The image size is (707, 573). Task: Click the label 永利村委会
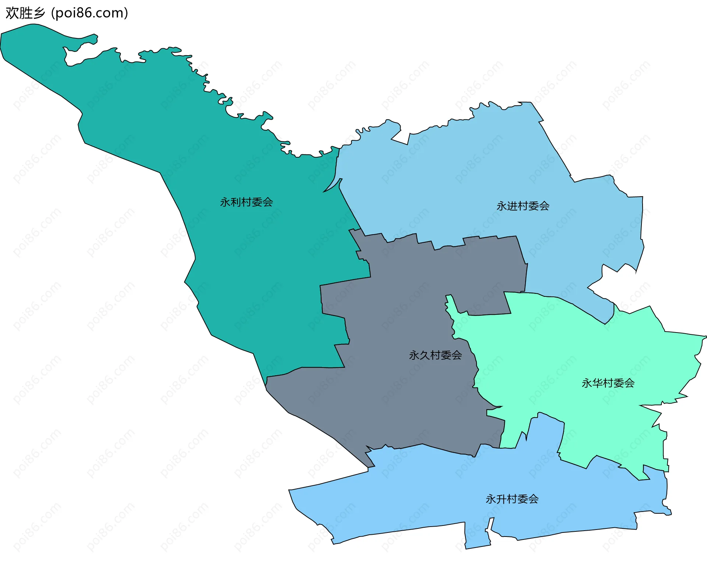tap(246, 202)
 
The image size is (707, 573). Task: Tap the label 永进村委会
tap(523, 206)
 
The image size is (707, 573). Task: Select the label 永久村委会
tap(435, 355)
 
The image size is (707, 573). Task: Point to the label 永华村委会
tap(608, 383)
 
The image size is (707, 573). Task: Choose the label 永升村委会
tap(512, 499)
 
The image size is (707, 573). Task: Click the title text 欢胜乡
tap(25, 13)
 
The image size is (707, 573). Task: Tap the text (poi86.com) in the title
tap(90, 13)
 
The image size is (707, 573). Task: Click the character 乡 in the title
tap(39, 13)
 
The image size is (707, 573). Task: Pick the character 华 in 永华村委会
tap(597, 383)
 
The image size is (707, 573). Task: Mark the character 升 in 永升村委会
tap(501, 499)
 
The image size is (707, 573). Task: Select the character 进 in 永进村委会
tap(512, 206)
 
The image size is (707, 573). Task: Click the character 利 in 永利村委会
tap(236, 202)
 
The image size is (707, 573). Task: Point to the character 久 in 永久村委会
tap(425, 355)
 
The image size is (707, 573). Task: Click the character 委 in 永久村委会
tap(446, 355)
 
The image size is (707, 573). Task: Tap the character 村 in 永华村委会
tap(608, 383)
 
